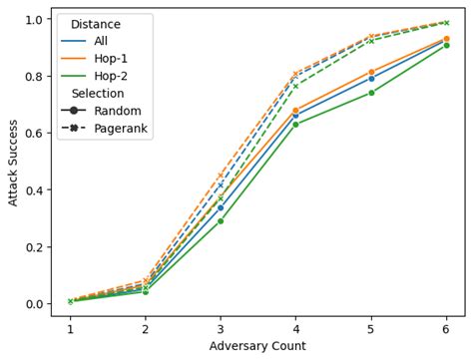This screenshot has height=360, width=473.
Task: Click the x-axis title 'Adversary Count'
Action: [x=257, y=346]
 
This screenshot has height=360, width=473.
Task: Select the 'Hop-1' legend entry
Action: [x=112, y=59]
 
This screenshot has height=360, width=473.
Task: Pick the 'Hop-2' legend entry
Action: [x=112, y=76]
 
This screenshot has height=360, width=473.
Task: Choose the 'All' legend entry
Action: [x=103, y=42]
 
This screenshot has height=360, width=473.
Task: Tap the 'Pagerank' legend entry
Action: [x=122, y=128]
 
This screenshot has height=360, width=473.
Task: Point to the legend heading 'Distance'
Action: [x=96, y=25]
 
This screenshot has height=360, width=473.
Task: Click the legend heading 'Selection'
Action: [x=99, y=94]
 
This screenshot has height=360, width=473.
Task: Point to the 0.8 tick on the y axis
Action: [x=34, y=76]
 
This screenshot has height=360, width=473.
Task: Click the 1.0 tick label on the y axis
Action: [x=34, y=19]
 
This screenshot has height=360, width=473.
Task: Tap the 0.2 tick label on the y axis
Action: [x=34, y=246]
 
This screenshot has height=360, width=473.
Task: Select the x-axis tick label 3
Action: [x=221, y=327]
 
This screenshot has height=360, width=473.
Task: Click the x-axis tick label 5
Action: [x=371, y=327]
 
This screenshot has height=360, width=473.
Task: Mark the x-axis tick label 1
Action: [x=70, y=327]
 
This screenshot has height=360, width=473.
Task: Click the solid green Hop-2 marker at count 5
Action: [x=371, y=93]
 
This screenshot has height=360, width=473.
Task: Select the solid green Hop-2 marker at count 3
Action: [x=221, y=220]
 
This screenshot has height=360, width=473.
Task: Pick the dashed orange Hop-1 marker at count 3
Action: [x=221, y=176]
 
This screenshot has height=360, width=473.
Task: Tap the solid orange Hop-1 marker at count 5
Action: [x=371, y=72]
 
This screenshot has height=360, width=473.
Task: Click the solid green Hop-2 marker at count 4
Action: [x=295, y=124]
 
